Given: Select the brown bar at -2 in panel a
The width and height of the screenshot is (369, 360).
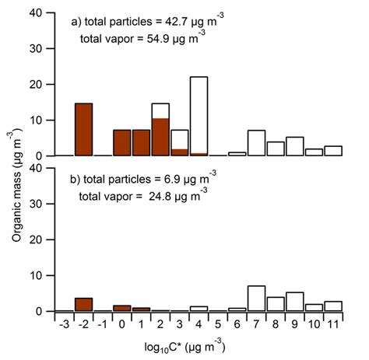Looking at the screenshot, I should point(84,130).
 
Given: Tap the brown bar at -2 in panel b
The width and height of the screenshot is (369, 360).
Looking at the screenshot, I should point(84,305).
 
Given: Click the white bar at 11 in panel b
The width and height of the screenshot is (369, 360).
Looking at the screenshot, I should point(332,306).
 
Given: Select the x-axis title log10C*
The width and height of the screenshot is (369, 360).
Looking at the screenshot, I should point(181,344).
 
